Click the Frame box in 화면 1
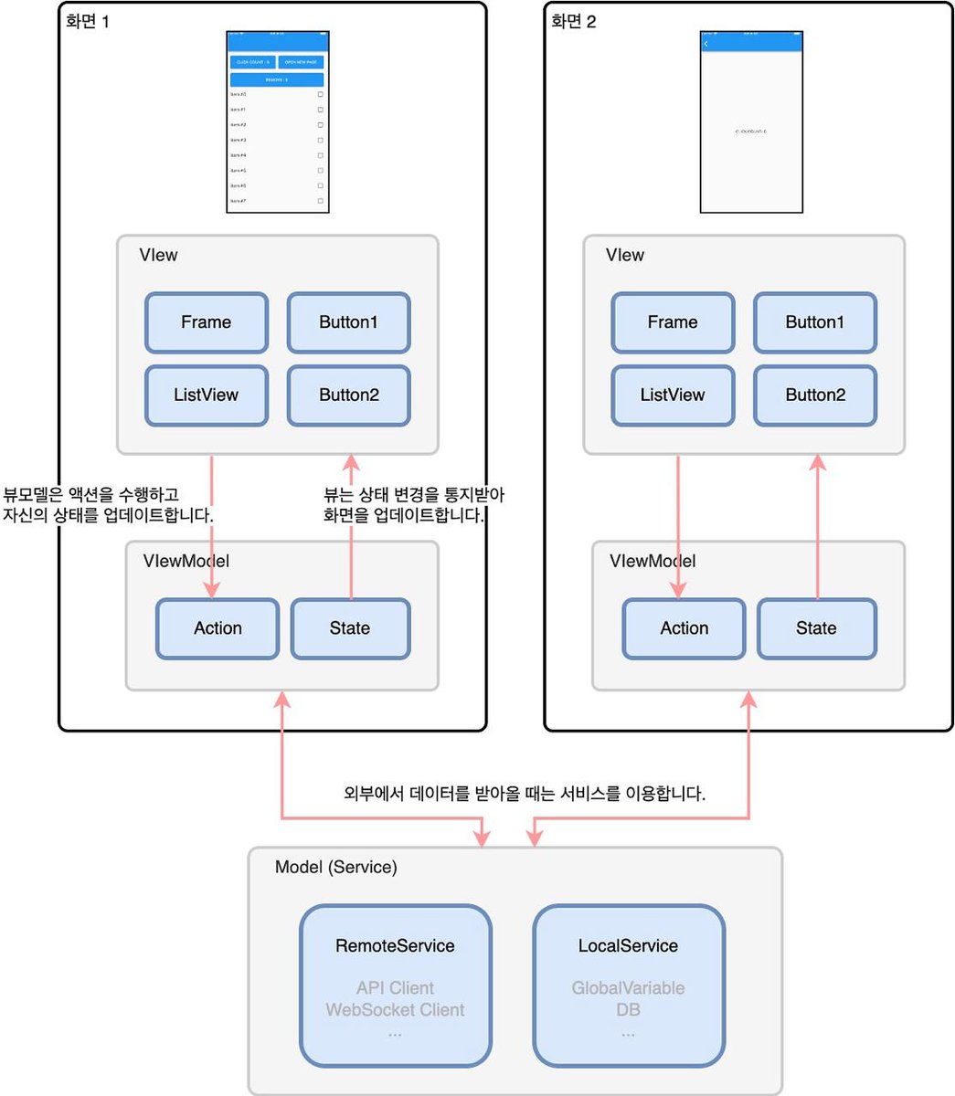pyautogui.click(x=207, y=322)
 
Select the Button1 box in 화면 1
pyautogui.click(x=348, y=322)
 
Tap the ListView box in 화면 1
pyautogui.click(x=207, y=395)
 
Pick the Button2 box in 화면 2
pyautogui.click(x=815, y=395)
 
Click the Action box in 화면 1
pyautogui.click(x=218, y=628)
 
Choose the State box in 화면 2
pyautogui.click(x=816, y=628)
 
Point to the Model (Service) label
pyautogui.click(x=336, y=867)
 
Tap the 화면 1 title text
pyautogui.click(x=88, y=21)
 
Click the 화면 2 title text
pyautogui.click(x=573, y=21)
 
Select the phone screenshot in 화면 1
pyautogui.click(x=278, y=121)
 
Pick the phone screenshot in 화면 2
pyautogui.click(x=751, y=121)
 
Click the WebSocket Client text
pyautogui.click(x=396, y=1010)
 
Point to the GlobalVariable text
pyautogui.click(x=629, y=988)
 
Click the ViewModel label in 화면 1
pyautogui.click(x=186, y=561)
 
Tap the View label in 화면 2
pyautogui.click(x=625, y=256)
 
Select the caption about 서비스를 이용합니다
pyautogui.click(x=524, y=794)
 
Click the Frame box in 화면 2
pyautogui.click(x=673, y=322)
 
